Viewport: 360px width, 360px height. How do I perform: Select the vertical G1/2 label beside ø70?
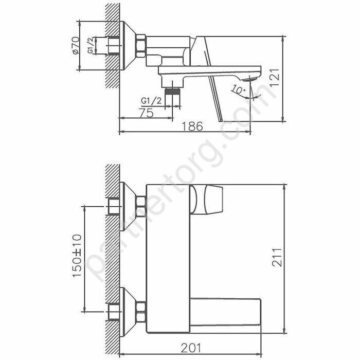click(x=91, y=46)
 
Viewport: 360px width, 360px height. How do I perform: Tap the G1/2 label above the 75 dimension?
click(x=151, y=100)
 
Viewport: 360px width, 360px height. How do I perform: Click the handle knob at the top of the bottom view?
click(x=208, y=199)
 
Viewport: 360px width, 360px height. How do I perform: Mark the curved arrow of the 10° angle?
click(x=255, y=93)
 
